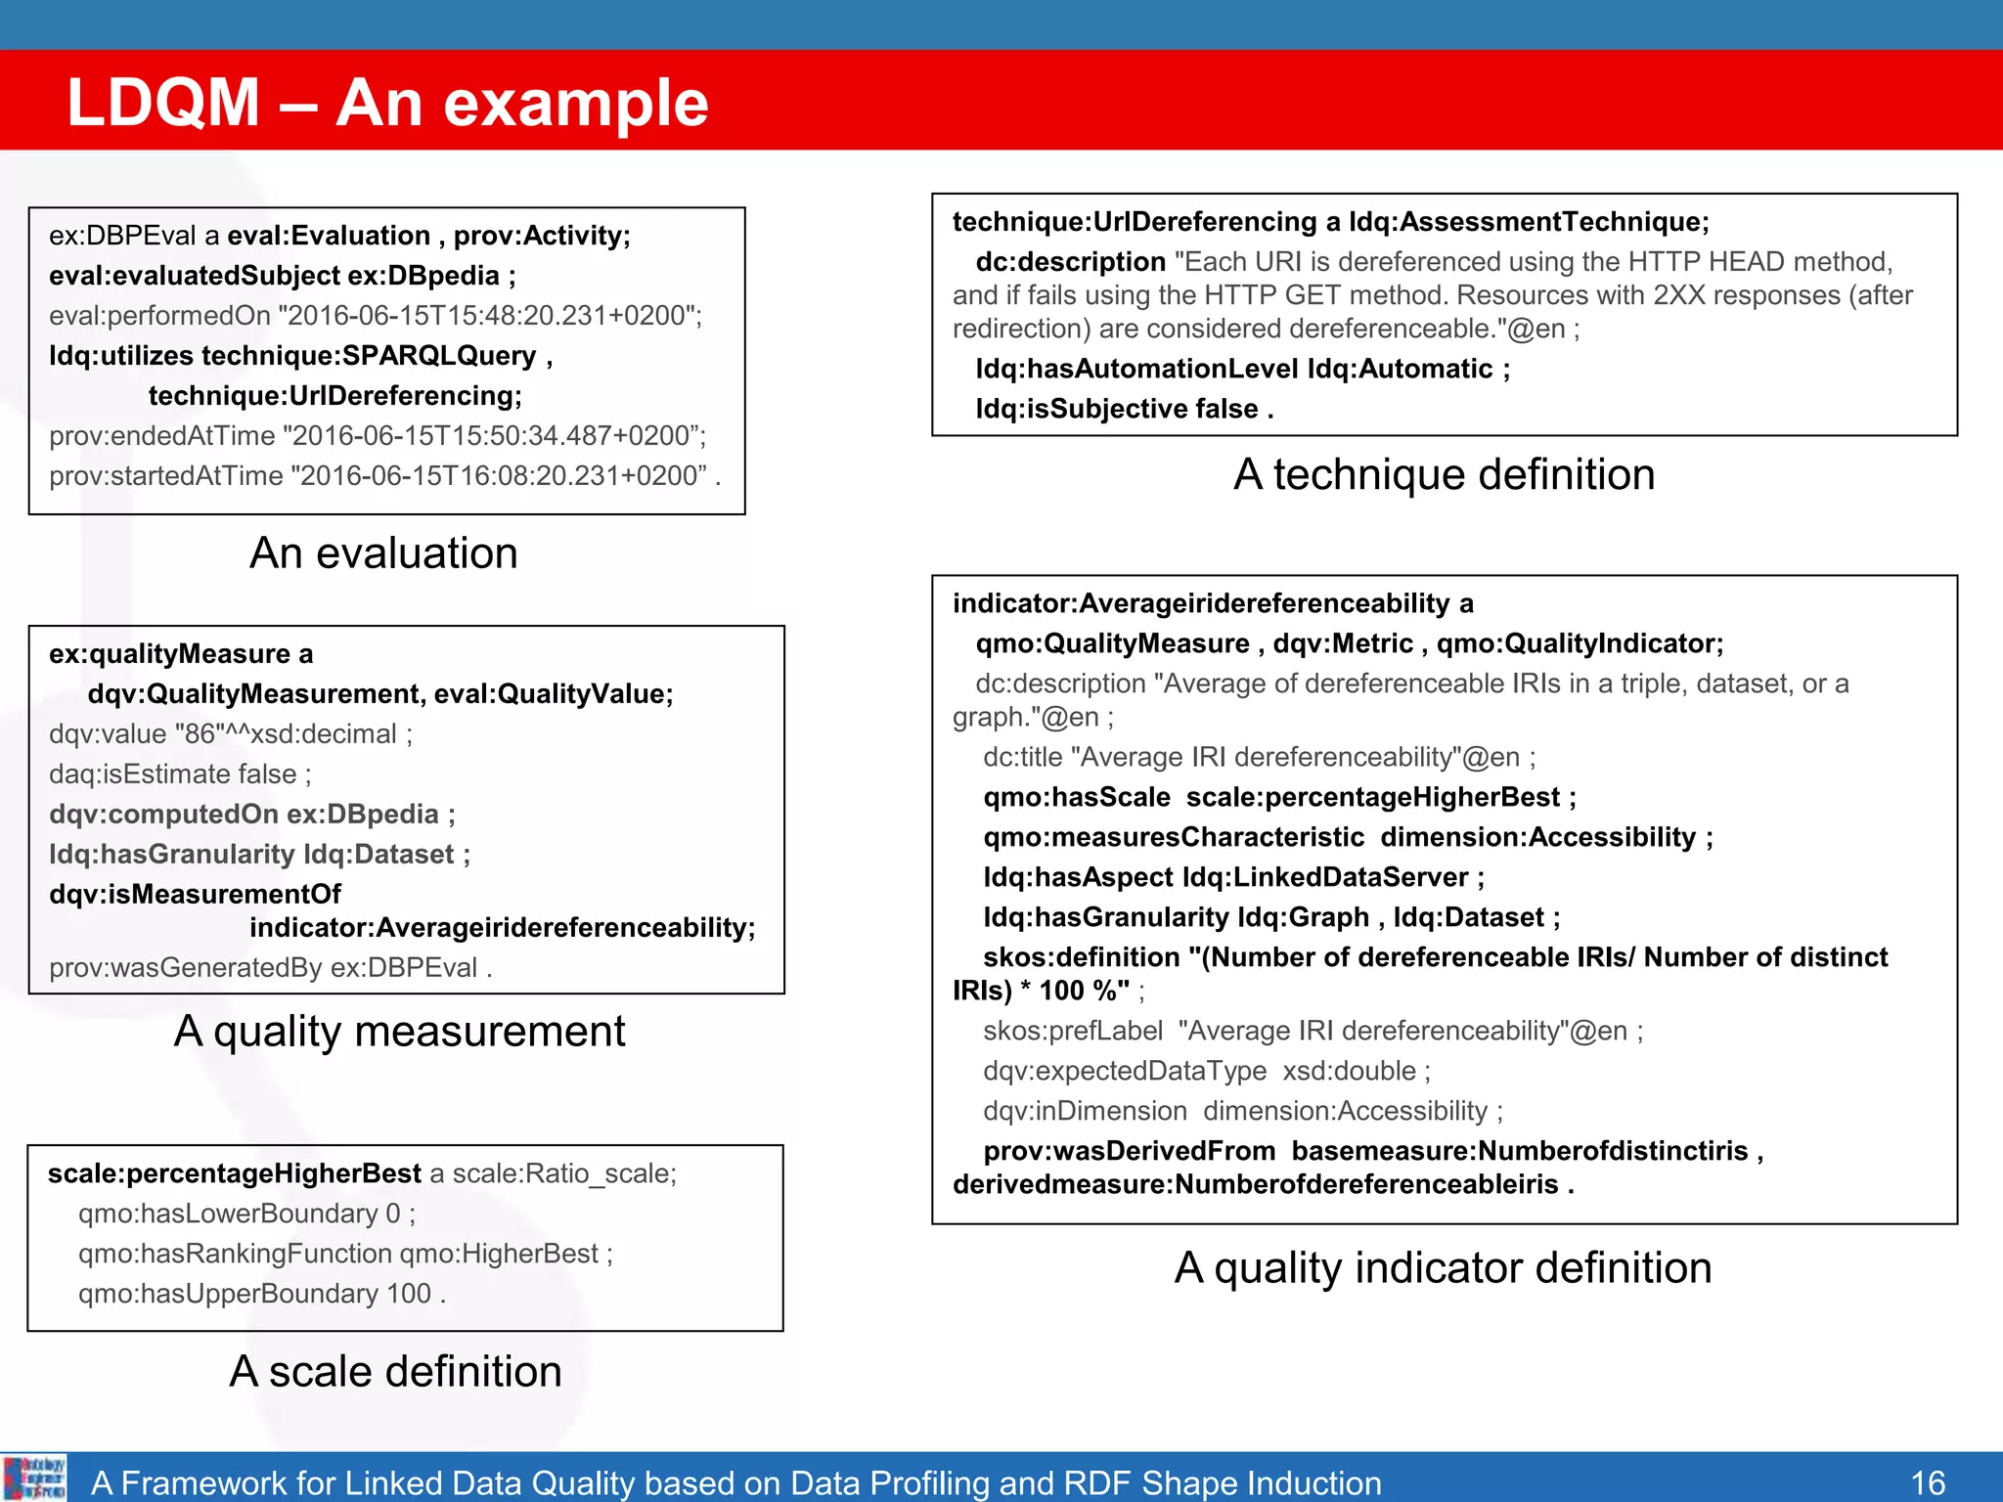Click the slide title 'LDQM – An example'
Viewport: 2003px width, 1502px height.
pos(387,103)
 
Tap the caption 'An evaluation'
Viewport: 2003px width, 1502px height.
pos(383,553)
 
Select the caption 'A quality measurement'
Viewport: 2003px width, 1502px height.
pos(399,1032)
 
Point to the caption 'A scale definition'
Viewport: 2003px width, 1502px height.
pos(395,1371)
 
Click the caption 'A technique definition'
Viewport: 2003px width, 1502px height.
pos(1444,474)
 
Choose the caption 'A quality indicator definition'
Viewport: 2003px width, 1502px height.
pos(1443,1267)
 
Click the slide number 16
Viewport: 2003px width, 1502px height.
pos(1928,1482)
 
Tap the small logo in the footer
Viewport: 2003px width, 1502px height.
pos(34,1478)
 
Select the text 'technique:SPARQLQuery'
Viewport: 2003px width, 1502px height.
pos(369,356)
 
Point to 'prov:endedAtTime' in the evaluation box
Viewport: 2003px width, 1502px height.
pos(162,436)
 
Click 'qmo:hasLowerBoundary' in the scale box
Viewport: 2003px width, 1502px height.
pos(228,1214)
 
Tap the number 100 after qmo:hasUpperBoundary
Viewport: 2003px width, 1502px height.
pos(409,1294)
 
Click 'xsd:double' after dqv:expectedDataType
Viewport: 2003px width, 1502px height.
pos(1349,1071)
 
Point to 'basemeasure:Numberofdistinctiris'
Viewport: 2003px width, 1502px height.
pos(1519,1151)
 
